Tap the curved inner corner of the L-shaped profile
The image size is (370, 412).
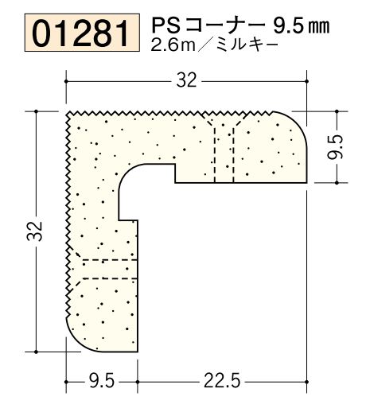point(127,174)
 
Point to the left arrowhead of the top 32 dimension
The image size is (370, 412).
point(69,80)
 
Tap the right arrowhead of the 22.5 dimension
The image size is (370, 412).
point(303,382)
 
